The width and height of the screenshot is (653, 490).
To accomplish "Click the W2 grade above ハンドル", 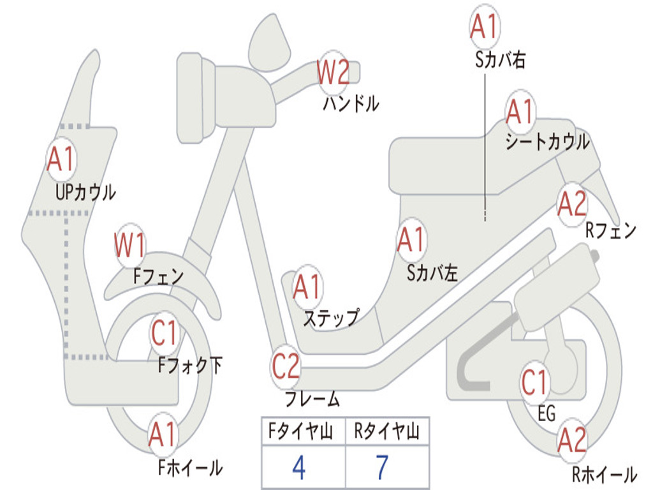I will (x=333, y=72).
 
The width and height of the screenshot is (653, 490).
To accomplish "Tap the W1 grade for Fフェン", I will (x=130, y=245).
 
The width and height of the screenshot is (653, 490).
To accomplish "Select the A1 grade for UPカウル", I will (x=61, y=160).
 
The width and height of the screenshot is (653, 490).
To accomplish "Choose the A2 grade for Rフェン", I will (x=571, y=204).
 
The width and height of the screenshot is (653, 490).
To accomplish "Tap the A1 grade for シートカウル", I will (x=520, y=113).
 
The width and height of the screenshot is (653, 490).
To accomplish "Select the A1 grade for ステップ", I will (x=307, y=288).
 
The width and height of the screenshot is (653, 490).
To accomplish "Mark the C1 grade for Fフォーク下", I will (x=165, y=332).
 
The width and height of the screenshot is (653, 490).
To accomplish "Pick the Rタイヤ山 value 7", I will (x=382, y=468).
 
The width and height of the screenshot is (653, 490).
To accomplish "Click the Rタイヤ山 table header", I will (x=386, y=433).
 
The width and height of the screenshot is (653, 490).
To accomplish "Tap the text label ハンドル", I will (x=350, y=103).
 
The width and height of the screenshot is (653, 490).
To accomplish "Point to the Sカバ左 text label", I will (x=432, y=272).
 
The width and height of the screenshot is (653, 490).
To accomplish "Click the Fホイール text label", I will (x=190, y=468).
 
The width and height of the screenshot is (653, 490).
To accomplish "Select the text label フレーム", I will (x=312, y=399).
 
